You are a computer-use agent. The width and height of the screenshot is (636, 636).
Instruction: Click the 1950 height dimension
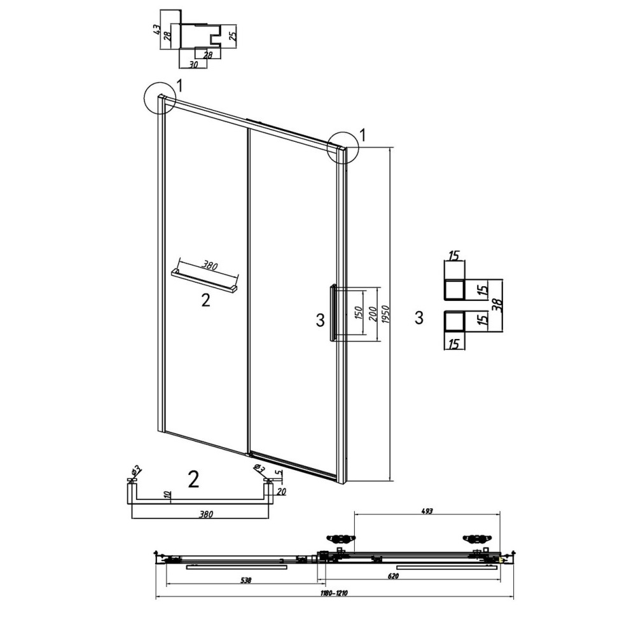pos(386,314)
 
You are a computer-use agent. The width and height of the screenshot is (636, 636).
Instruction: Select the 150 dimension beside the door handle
pos(359,312)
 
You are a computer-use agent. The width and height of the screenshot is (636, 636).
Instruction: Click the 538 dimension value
pos(245,581)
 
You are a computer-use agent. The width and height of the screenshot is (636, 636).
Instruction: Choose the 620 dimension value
pos(393,576)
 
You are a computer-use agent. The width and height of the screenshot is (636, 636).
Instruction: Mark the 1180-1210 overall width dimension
pos(335,593)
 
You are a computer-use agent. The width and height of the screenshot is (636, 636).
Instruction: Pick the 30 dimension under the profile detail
pos(193,64)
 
